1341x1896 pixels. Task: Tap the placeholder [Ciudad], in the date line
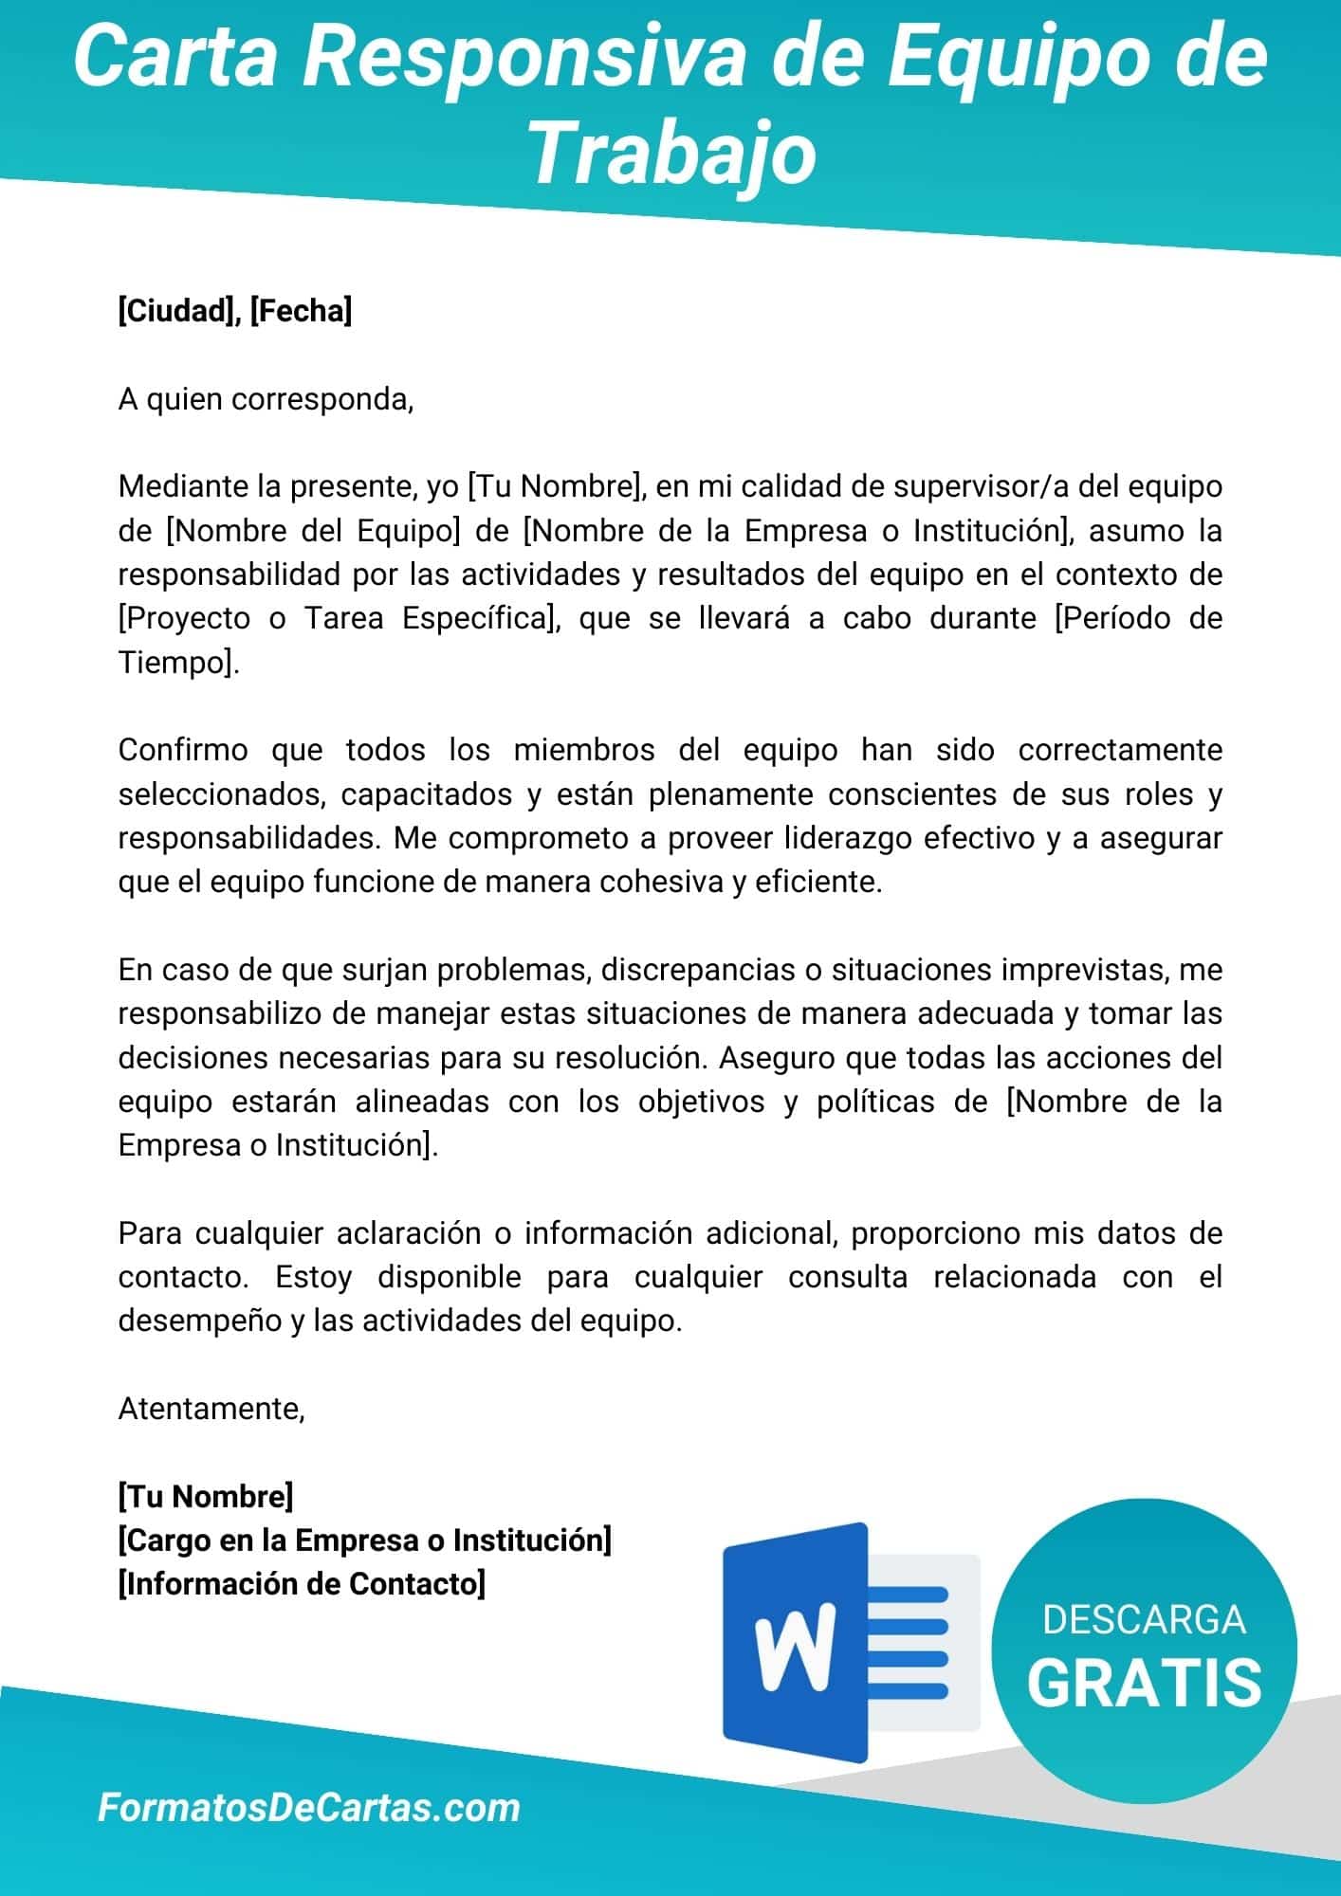coord(178,311)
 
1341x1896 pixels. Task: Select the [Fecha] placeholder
coord(301,311)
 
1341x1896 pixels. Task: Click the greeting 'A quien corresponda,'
coord(266,399)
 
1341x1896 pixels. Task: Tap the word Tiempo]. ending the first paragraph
coord(178,662)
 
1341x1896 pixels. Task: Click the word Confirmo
coord(183,750)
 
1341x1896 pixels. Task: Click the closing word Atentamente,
coord(211,1409)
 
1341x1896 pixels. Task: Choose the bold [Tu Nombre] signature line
coord(206,1496)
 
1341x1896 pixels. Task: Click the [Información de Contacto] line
coord(302,1584)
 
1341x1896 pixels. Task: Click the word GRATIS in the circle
coord(1144,1683)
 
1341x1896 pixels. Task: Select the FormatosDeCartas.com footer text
coord(309,1808)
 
